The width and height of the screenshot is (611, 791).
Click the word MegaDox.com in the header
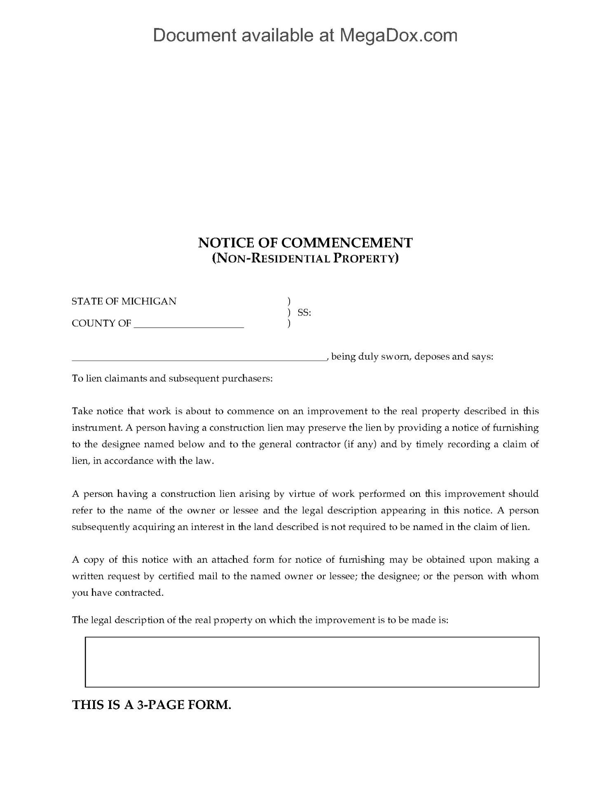398,35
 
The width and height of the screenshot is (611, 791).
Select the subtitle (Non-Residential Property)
305,259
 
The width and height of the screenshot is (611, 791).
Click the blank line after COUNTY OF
189,324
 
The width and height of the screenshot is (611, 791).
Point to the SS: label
304,313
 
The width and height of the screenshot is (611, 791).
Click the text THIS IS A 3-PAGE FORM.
152,705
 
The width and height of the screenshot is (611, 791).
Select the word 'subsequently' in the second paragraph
101,527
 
